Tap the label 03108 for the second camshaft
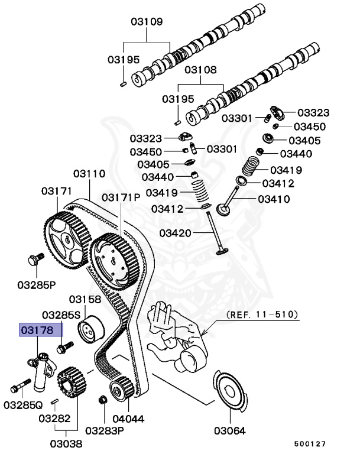[202, 70]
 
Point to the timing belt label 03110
[89, 174]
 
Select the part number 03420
[174, 234]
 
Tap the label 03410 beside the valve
[274, 199]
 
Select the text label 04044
[129, 419]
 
